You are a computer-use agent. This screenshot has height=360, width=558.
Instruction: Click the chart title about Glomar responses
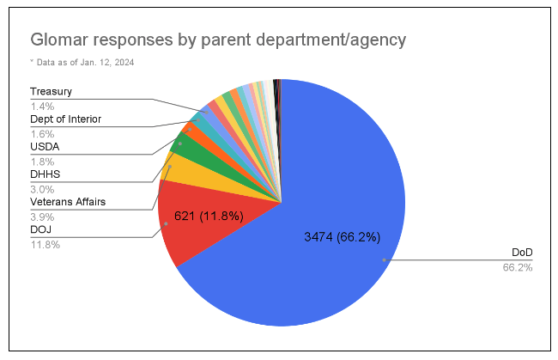[218, 40]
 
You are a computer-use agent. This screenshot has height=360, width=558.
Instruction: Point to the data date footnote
[82, 62]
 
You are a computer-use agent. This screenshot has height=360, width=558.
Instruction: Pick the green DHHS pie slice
[185, 148]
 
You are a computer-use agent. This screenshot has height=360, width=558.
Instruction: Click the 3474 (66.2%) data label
[342, 236]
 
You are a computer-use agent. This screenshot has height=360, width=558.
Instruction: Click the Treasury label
[51, 91]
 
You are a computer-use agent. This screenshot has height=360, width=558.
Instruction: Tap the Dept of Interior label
[66, 119]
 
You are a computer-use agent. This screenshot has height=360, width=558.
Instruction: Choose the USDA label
[45, 147]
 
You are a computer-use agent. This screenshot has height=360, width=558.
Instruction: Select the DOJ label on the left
[41, 229]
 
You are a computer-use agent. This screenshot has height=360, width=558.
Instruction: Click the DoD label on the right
[522, 252]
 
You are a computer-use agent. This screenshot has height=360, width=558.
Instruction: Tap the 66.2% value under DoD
[518, 267]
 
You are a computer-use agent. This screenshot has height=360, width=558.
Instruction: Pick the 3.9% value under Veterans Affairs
[42, 217]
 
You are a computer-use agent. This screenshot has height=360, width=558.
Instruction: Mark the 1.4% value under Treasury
[42, 106]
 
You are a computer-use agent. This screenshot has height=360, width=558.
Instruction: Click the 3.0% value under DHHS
[42, 189]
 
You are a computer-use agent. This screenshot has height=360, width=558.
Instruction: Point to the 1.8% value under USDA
[42, 162]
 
